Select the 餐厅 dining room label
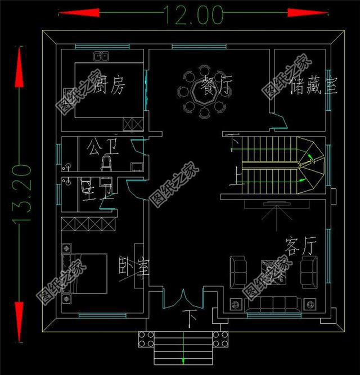click(x=213, y=88)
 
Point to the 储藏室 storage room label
click(x=313, y=87)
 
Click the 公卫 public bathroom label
click(x=103, y=148)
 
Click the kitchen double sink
click(x=101, y=56)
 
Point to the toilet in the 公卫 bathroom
click(x=105, y=164)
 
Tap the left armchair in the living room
click(x=237, y=271)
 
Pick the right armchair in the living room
click(x=309, y=270)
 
